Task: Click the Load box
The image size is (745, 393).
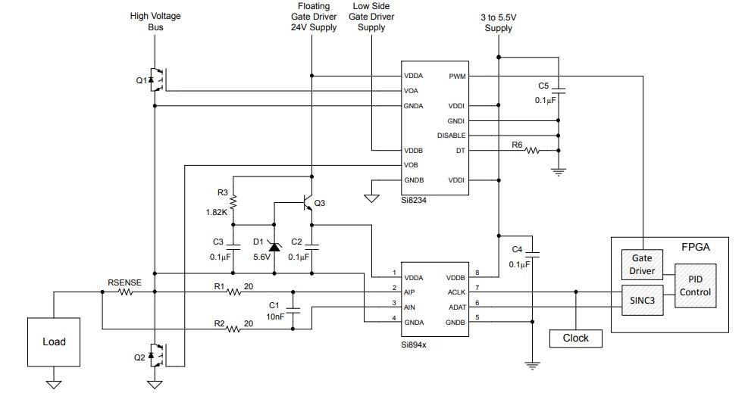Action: point(54,342)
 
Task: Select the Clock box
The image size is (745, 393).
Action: point(575,338)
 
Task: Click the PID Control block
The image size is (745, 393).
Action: point(695,285)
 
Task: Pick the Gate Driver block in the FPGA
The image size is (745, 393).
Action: point(641,265)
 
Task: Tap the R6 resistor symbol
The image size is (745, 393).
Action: point(532,151)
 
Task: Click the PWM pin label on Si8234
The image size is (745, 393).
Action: point(457,76)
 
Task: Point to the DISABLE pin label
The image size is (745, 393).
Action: point(452,136)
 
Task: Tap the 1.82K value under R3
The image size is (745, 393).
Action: point(216,213)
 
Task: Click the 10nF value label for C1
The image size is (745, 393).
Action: point(275,317)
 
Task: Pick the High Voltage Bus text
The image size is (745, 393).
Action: point(155,21)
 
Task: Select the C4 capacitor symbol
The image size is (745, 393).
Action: point(532,252)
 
